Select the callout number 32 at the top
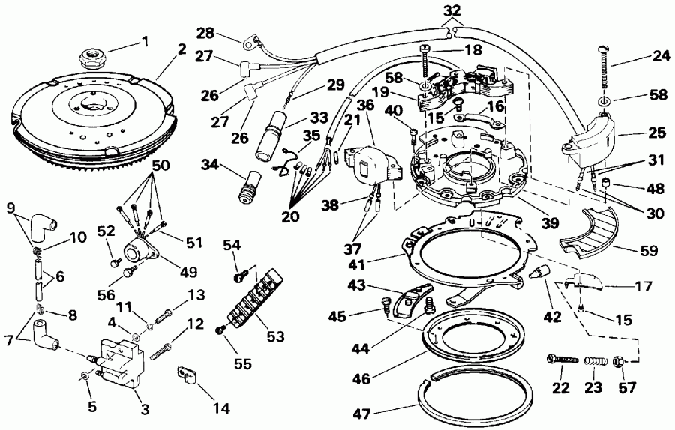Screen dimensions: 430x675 452,10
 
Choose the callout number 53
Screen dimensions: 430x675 275,336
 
